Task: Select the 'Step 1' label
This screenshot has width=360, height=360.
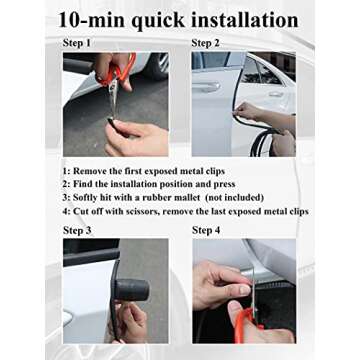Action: coord(77,43)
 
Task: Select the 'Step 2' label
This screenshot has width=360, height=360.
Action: coord(207,43)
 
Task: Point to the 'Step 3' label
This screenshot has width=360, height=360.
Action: coord(77,230)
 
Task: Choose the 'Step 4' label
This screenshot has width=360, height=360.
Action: coord(207,230)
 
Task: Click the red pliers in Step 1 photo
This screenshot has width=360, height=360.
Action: coord(119,76)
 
